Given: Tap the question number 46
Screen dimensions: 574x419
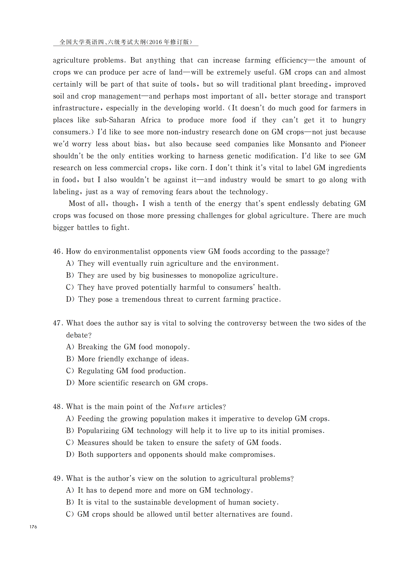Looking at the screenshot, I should (x=57, y=252).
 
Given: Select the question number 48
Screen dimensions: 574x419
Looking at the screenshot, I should (x=57, y=407).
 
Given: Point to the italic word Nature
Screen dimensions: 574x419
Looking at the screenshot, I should (x=182, y=407).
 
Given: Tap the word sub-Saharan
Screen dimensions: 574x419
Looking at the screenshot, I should (x=115, y=120).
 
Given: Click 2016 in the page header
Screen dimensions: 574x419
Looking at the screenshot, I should (x=155, y=42).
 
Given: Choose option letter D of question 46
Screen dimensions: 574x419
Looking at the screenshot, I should (x=70, y=299).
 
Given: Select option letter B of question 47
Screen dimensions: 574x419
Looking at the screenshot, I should (x=70, y=359).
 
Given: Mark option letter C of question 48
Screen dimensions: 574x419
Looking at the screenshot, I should (x=70, y=443).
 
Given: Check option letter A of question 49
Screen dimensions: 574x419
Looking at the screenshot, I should (x=70, y=491).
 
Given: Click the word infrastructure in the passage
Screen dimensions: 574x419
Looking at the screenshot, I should (x=76, y=108).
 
